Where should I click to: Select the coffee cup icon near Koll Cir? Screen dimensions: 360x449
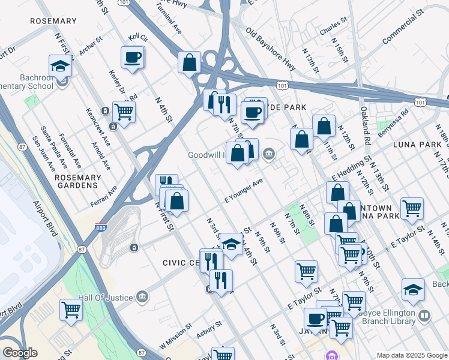[133, 58]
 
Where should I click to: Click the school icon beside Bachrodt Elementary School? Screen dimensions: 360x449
[61, 65]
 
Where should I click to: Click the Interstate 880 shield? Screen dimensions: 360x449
[101, 229]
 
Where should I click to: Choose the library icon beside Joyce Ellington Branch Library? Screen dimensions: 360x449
[424, 315]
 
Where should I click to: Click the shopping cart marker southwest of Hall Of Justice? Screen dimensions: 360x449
[71, 310]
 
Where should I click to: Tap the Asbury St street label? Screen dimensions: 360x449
[209, 331]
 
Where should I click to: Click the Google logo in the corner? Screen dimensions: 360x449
[20, 352]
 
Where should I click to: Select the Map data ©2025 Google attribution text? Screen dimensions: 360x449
[411, 355]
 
